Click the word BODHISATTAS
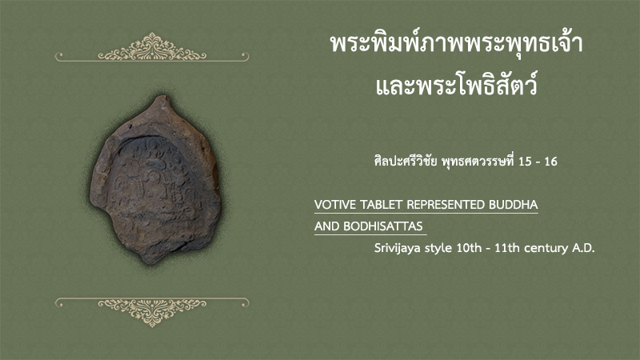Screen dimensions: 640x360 [x=383, y=226]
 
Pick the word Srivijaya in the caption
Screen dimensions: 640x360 [x=398, y=248]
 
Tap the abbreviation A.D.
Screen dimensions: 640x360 [x=583, y=248]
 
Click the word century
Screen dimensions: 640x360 [x=546, y=249]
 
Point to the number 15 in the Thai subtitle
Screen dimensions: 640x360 [x=525, y=162]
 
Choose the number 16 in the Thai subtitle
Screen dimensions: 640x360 [x=550, y=162]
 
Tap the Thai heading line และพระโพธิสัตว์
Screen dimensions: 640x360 [x=456, y=85]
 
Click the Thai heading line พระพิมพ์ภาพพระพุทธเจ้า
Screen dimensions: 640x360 [x=456, y=43]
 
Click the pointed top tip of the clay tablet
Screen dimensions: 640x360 [x=162, y=96]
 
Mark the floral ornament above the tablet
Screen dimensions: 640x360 [x=152, y=47]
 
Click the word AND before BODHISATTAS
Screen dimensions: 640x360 [x=327, y=226]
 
